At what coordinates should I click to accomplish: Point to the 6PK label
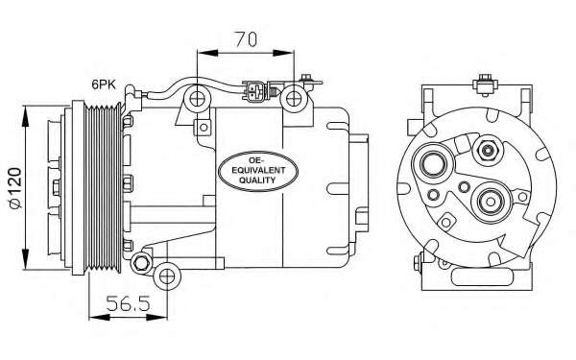click(107, 84)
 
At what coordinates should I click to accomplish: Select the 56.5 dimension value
click(130, 306)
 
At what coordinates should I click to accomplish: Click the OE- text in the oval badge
click(259, 158)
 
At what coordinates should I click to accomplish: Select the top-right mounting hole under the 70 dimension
click(291, 97)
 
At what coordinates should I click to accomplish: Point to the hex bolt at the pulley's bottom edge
click(142, 262)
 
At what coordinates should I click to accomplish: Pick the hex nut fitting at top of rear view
click(488, 150)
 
